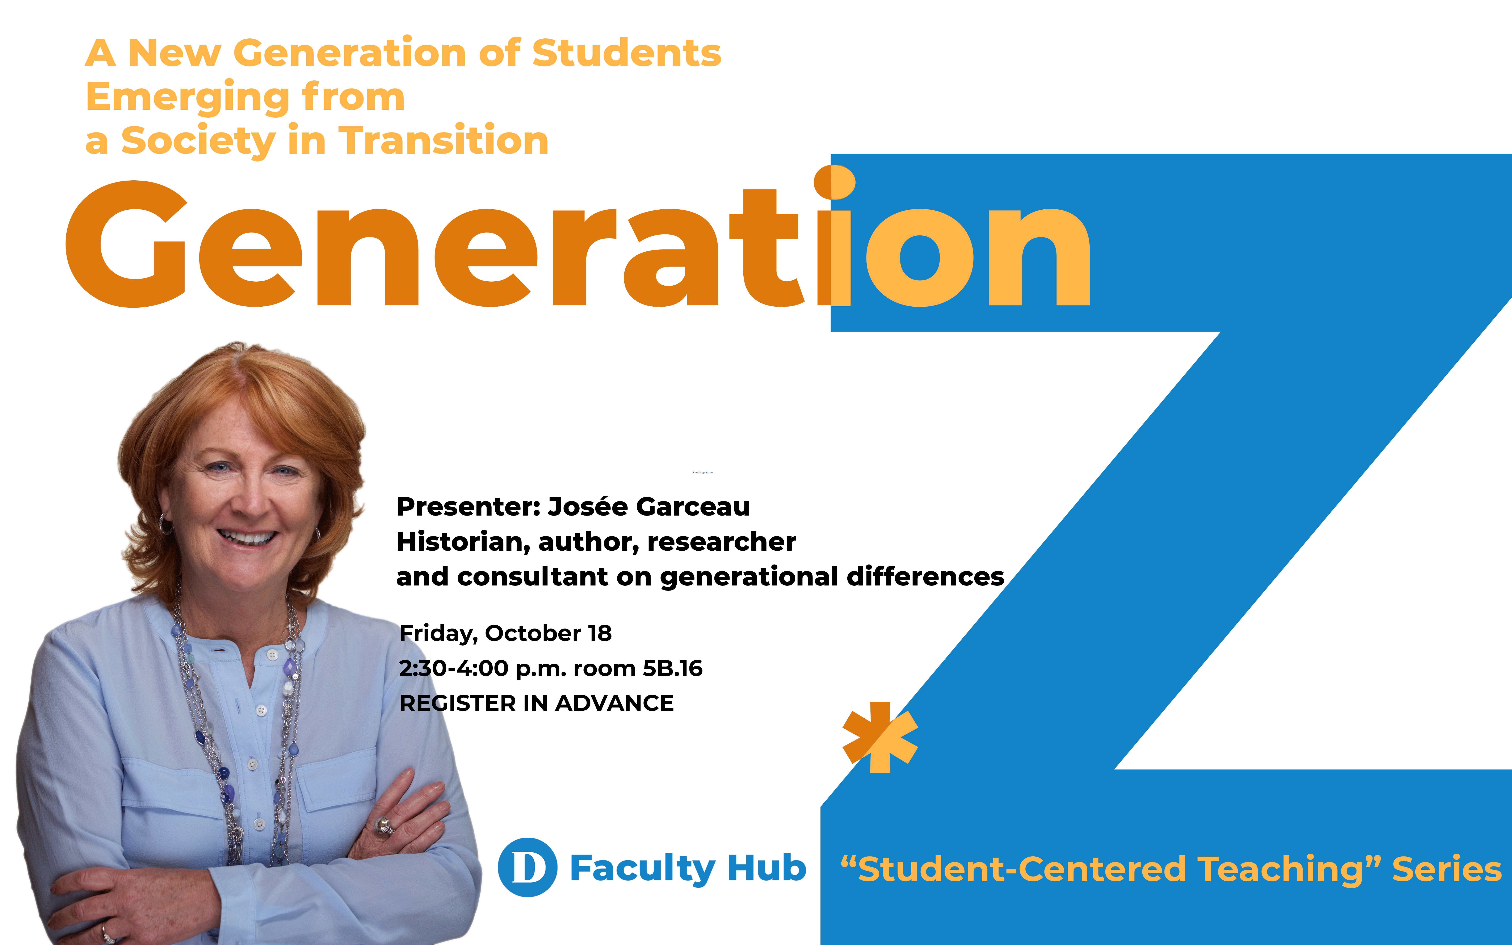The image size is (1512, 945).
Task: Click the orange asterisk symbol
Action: (880, 738)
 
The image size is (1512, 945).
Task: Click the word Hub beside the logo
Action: (767, 868)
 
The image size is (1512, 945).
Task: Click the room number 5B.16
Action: (673, 668)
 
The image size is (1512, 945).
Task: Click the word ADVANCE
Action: (615, 703)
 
